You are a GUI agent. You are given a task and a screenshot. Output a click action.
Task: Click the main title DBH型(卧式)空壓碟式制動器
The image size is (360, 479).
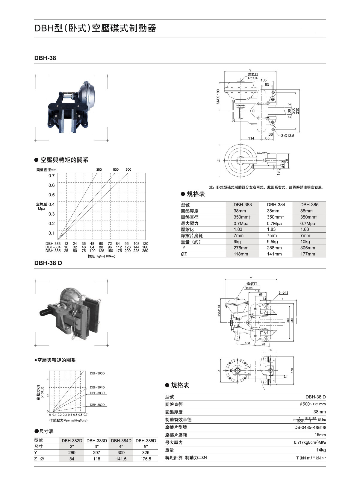point(95,28)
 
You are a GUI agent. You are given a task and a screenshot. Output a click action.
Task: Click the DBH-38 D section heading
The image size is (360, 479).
point(48,263)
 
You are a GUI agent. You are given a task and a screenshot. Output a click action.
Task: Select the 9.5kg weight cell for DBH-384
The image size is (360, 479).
point(272,242)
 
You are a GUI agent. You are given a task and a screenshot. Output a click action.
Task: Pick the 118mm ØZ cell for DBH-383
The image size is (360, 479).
point(241,254)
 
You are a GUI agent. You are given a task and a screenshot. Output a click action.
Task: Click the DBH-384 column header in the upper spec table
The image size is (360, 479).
point(276,205)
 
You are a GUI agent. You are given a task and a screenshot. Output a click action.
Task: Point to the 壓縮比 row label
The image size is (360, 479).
point(187,229)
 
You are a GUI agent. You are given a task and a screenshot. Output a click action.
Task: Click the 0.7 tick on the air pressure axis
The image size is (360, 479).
point(52,176)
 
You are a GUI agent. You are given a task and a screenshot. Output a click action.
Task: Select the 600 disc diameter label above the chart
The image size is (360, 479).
point(128,169)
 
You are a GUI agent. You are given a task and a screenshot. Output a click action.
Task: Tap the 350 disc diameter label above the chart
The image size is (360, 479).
point(99,169)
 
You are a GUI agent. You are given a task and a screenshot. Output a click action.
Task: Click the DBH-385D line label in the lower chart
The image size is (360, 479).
point(97,373)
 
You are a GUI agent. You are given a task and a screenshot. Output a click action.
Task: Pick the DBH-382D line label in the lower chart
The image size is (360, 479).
point(97,405)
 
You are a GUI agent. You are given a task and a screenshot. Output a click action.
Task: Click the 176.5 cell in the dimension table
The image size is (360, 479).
point(146,459)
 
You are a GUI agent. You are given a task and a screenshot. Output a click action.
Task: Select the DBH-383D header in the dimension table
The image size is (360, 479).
point(96,441)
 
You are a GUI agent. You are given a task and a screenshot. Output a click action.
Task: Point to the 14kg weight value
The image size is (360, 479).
point(321,450)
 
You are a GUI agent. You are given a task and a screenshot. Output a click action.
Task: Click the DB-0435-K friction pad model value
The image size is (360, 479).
point(310,427)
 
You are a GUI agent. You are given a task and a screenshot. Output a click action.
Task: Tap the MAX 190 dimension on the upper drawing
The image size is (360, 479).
point(218,96)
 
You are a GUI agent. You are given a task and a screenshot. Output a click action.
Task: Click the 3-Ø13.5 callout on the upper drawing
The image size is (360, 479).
point(288,136)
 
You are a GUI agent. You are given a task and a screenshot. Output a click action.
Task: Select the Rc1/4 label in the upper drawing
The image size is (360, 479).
point(252,78)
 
